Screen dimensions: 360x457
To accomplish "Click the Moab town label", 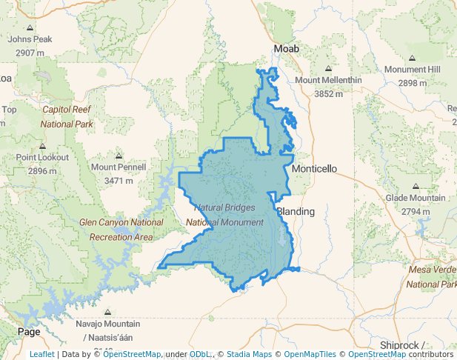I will coord(287,49).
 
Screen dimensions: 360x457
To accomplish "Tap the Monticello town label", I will coord(314,169).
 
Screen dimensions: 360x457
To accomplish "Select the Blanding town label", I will coord(296,211).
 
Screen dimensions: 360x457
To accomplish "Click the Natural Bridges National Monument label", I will coord(224,215).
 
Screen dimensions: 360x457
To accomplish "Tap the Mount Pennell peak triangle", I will coord(119,156).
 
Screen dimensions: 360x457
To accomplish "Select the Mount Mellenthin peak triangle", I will coord(328,69).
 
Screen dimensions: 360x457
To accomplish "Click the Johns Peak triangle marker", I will coord(30,28).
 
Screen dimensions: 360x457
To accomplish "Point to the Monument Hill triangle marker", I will coord(413,58).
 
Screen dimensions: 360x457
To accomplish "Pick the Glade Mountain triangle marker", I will coord(415,187).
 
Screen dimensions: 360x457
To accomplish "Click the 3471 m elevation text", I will coord(119,180).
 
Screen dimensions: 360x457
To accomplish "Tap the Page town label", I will coord(29,332).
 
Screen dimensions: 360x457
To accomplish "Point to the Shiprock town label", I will coord(401,345).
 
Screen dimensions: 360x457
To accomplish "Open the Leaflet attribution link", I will coord(41,355).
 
